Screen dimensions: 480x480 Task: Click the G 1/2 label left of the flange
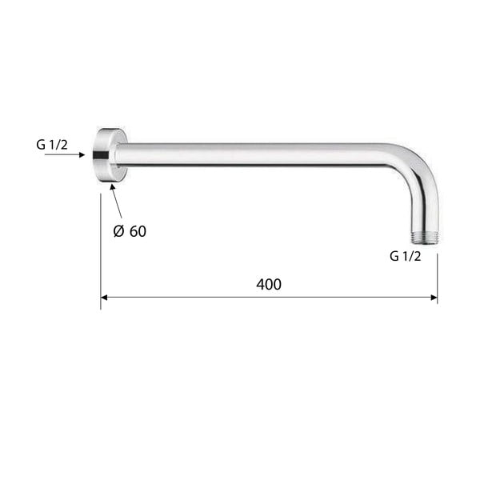click(x=52, y=145)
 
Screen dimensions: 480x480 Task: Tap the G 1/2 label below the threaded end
click(x=405, y=257)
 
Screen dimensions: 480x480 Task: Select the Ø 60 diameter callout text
click(x=129, y=232)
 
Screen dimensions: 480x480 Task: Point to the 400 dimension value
click(x=269, y=285)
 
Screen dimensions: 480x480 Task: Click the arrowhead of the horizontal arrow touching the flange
click(x=82, y=154)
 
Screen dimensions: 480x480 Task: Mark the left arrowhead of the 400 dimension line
click(x=105, y=298)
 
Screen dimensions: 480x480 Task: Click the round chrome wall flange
click(x=106, y=154)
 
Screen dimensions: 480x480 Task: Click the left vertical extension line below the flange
click(x=101, y=248)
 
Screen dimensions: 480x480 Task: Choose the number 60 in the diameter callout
click(x=138, y=232)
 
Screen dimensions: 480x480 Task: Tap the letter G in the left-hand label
click(x=41, y=145)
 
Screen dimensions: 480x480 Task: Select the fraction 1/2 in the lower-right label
click(x=411, y=257)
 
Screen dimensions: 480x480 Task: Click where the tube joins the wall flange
click(x=122, y=154)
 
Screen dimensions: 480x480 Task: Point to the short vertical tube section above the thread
click(x=422, y=212)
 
